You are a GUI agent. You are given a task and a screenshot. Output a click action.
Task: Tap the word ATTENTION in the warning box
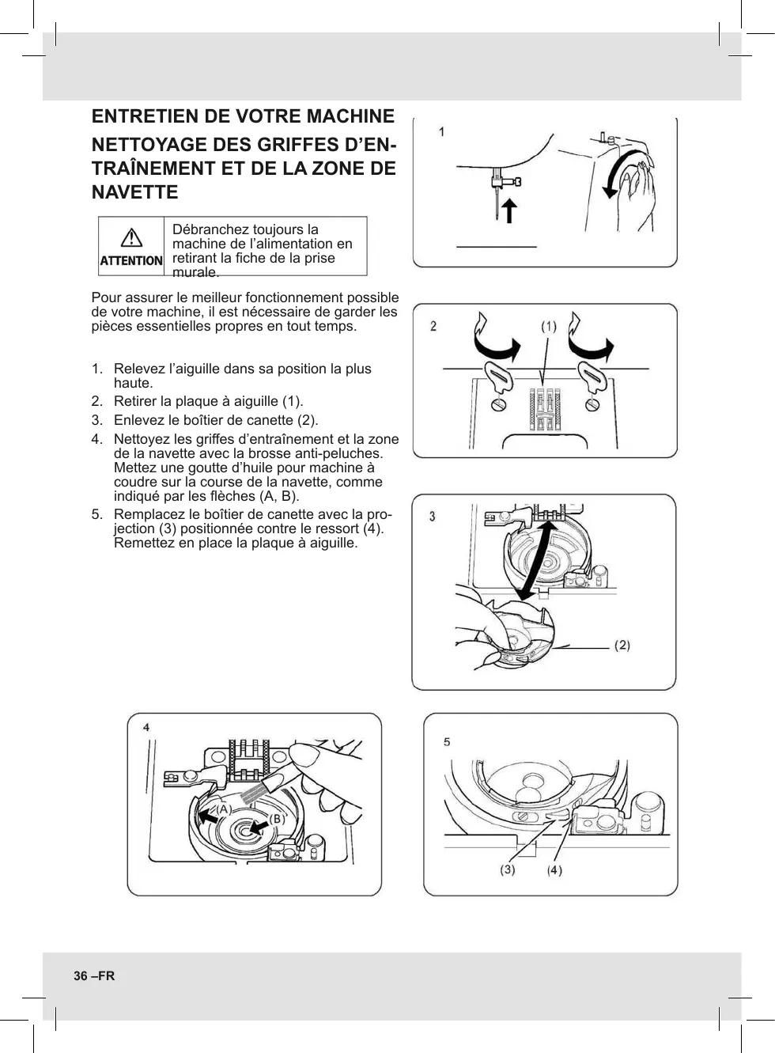(131, 260)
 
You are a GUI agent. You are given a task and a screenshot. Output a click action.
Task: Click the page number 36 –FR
(94, 975)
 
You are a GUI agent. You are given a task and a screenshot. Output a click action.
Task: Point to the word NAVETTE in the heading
(135, 192)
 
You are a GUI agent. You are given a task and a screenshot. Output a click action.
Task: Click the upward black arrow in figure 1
(510, 210)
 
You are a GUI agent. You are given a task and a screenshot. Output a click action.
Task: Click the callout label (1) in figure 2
(549, 326)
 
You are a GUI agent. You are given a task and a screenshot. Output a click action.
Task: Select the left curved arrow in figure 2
(494, 341)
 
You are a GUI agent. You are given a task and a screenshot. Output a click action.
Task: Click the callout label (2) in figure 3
(622, 646)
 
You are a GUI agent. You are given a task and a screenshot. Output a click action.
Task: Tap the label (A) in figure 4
(224, 809)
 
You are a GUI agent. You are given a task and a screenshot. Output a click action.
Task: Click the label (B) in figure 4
(276, 820)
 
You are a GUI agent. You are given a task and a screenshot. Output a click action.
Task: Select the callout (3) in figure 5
(507, 869)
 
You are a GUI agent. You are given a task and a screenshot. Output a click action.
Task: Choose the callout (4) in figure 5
(554, 870)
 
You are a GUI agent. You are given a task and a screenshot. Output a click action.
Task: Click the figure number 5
(447, 742)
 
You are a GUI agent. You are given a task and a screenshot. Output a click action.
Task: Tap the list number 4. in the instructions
(96, 439)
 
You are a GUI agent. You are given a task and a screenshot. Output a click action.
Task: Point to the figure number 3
(432, 517)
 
